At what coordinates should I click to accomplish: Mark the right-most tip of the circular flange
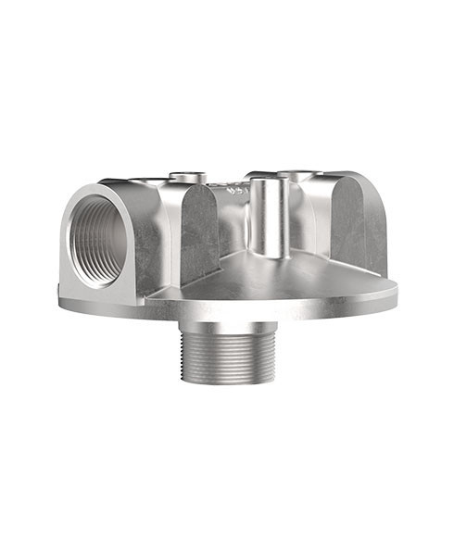[x=397, y=290]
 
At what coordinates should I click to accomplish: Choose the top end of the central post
[x=269, y=182]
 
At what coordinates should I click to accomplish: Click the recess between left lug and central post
[x=236, y=232]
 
